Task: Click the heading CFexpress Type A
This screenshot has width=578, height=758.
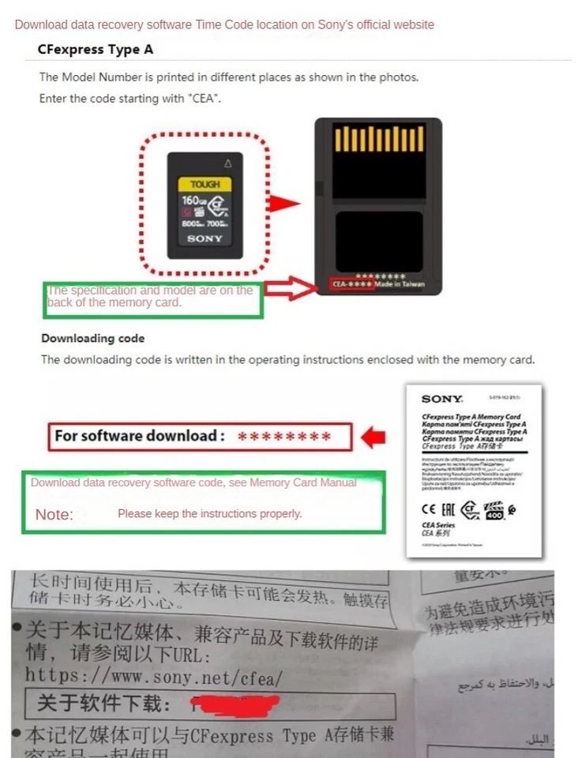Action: pos(96,50)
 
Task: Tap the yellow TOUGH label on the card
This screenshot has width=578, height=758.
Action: pos(205,184)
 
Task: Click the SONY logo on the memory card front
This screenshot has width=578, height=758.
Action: pos(205,238)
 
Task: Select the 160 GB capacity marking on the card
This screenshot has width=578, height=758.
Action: pos(193,201)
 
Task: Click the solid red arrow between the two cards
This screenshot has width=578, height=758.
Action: pos(283,203)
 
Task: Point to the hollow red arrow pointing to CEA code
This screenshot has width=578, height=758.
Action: pos(289,288)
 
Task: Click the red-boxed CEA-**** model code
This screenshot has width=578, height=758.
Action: pos(351,283)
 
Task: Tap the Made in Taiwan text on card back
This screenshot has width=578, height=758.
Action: pos(403,283)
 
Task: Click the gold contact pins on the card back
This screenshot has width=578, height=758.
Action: pos(379,139)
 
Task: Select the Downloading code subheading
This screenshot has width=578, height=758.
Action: pos(93,338)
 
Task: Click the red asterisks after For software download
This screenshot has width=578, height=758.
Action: pos(284,437)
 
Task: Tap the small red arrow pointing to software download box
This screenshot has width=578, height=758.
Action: pos(374,436)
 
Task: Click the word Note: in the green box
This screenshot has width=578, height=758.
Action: pos(54,515)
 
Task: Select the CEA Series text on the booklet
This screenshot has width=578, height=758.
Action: pos(440,525)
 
